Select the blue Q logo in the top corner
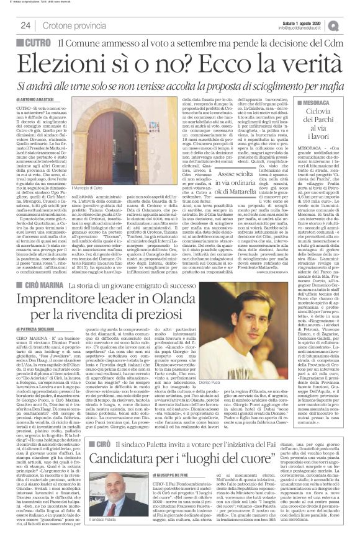pos(351,24)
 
